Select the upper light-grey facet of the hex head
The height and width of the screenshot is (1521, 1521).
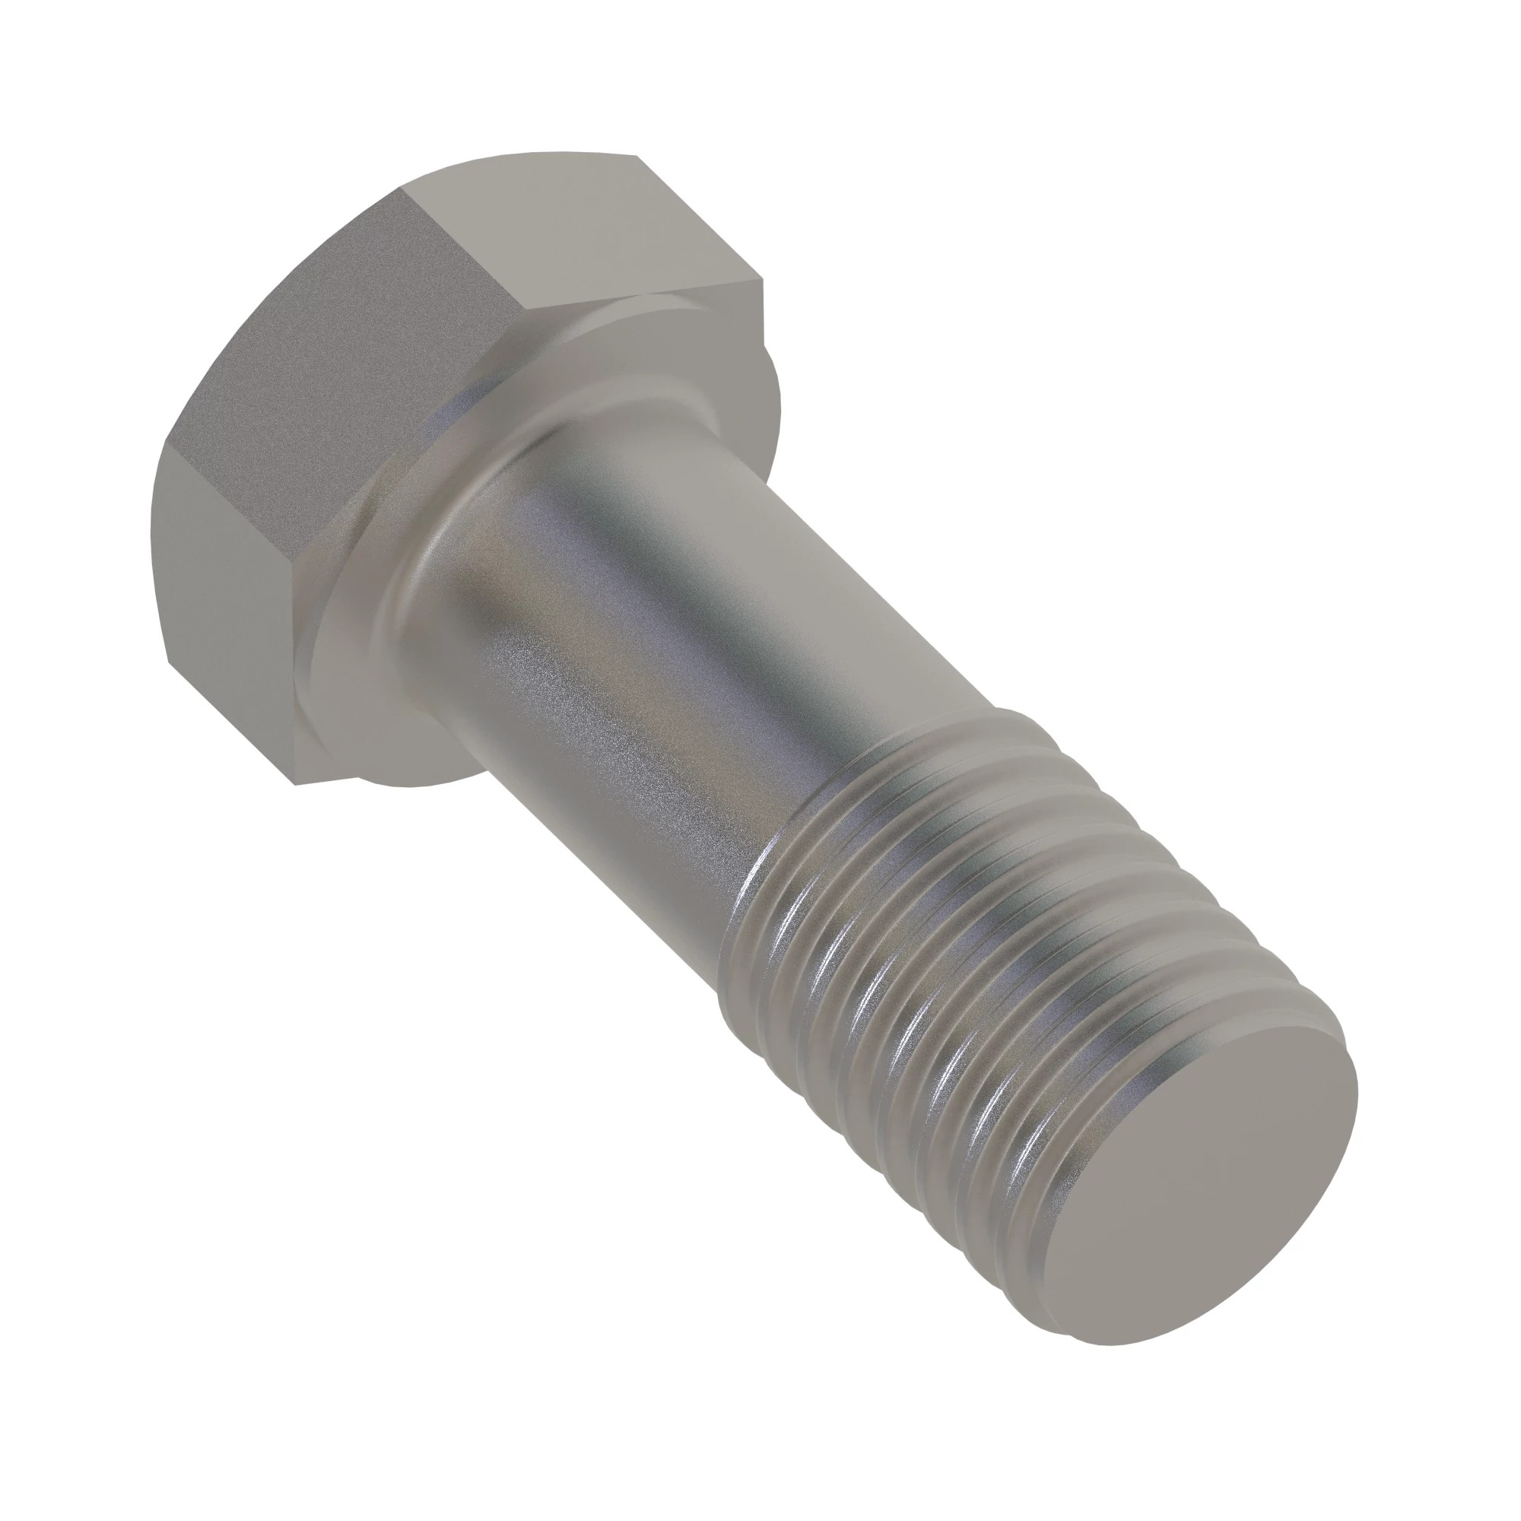tap(583, 228)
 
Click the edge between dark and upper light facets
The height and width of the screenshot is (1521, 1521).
tap(456, 244)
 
